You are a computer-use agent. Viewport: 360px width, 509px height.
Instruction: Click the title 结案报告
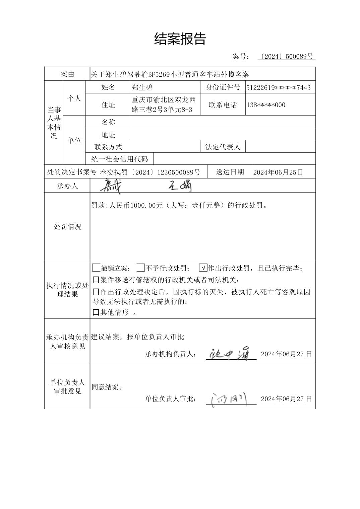[180, 39]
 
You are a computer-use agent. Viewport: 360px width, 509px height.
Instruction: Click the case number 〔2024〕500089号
[287, 57]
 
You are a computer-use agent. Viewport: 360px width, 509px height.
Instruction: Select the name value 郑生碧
[142, 88]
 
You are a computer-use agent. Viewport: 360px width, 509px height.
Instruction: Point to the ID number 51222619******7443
[278, 88]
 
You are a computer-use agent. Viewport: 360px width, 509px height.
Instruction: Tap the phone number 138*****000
[266, 105]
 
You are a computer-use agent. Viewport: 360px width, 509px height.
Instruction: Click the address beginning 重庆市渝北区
[164, 104]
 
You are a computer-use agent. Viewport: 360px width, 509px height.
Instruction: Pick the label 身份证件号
[223, 87]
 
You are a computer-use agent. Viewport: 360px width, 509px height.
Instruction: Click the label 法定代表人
[223, 147]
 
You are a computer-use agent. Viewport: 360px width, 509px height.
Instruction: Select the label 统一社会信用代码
[120, 159]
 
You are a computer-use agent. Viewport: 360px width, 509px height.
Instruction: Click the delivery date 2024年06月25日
[278, 172]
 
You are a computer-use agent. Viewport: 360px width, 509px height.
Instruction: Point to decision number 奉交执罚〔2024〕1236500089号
[150, 172]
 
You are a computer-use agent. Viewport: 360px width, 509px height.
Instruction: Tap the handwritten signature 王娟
[180, 186]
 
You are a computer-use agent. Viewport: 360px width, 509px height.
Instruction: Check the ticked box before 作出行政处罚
[203, 268]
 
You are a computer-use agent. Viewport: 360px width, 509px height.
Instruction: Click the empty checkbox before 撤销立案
[96, 268]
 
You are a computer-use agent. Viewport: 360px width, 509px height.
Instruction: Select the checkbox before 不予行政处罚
[141, 268]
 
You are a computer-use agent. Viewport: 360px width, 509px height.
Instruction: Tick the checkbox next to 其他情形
[96, 313]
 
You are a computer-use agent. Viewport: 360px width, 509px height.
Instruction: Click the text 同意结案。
[107, 387]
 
